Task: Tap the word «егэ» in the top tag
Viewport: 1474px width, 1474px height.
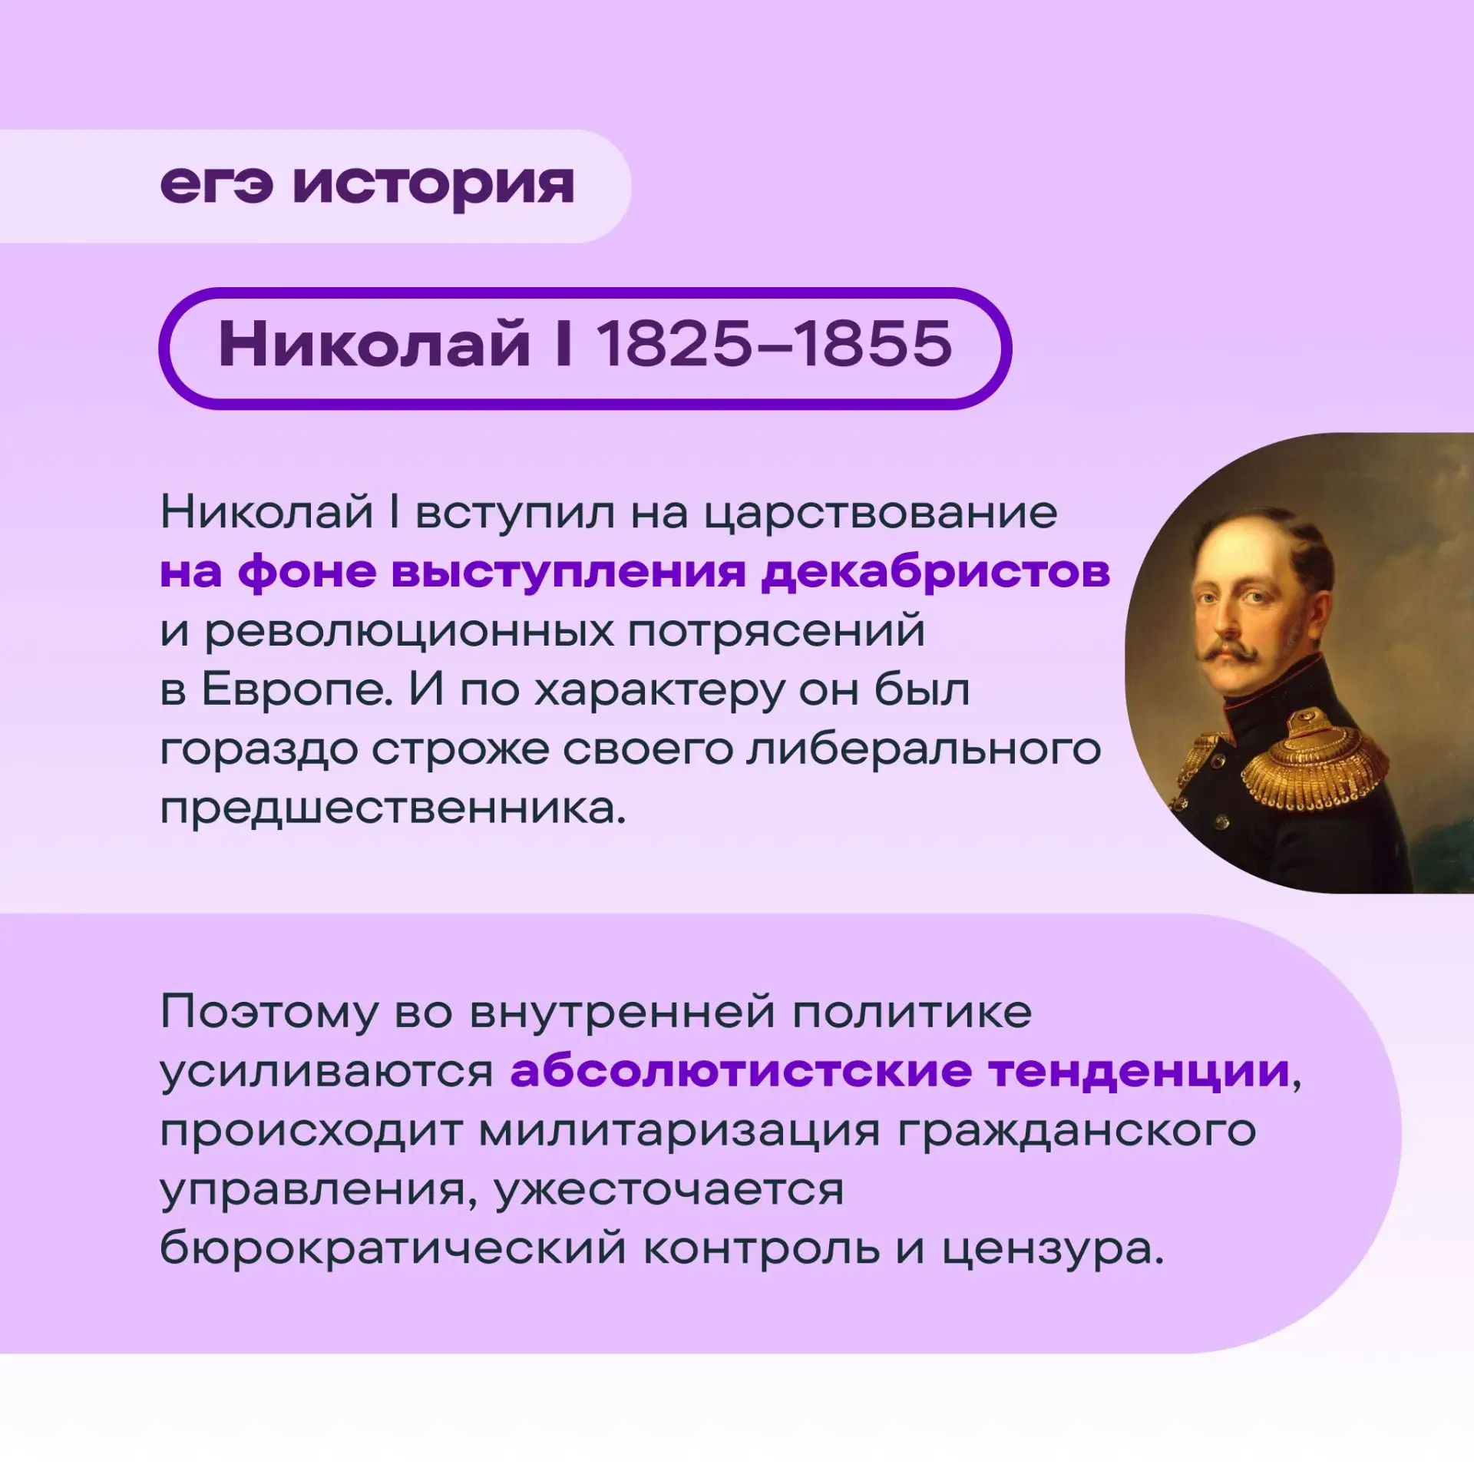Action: [216, 185]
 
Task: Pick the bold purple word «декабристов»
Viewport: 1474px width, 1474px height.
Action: [936, 572]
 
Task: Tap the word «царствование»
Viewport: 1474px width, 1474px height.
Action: [881, 514]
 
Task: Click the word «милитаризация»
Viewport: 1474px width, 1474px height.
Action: [679, 1132]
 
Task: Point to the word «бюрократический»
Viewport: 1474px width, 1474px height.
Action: [393, 1249]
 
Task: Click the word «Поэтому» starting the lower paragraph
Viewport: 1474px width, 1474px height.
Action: [269, 1013]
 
